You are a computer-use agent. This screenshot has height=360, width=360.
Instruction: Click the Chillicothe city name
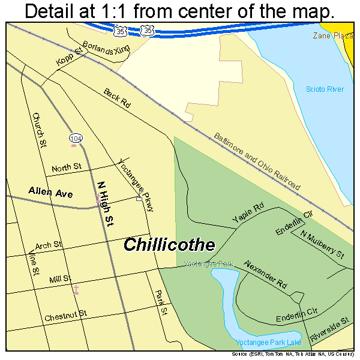[x=169, y=245]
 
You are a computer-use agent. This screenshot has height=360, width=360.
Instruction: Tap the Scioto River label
[x=325, y=89]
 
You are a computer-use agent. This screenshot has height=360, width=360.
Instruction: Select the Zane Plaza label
[x=332, y=36]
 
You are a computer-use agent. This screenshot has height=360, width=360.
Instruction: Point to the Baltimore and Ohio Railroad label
[x=257, y=161]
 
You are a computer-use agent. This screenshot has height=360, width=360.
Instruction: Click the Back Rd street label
[x=116, y=98]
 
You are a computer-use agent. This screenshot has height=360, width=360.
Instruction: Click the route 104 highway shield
[x=75, y=139]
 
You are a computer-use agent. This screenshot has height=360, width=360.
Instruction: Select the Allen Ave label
[x=50, y=193]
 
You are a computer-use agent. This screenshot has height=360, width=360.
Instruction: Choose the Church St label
[x=40, y=130]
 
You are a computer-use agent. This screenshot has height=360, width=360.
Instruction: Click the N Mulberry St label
[x=322, y=245]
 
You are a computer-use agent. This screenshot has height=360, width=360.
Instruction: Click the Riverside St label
[x=329, y=331]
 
